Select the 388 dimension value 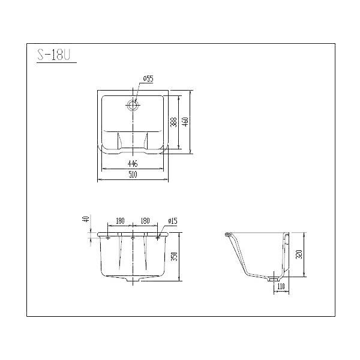(x=173, y=122)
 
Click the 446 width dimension (x=133, y=163)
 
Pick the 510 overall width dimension (x=133, y=175)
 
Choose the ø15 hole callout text (x=172, y=221)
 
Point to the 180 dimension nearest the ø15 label (x=145, y=221)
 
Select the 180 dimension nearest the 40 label (x=120, y=221)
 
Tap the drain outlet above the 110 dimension (x=274, y=277)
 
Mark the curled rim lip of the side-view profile (x=229, y=234)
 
